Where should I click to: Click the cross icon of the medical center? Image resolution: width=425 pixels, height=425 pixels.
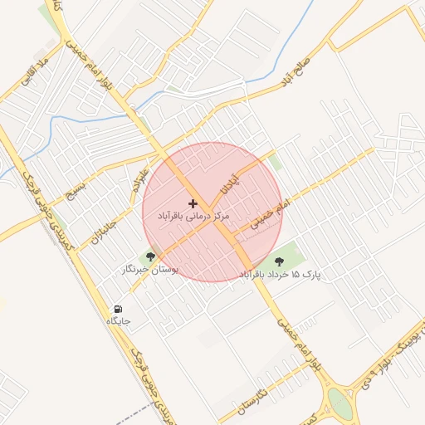point(193,203)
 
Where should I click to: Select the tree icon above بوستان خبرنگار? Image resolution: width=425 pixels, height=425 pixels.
point(150,257)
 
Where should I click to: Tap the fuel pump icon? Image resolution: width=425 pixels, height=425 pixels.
point(117,309)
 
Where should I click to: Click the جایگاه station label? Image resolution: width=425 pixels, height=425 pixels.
point(119,320)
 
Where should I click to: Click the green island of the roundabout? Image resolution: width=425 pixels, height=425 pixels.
point(340,404)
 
